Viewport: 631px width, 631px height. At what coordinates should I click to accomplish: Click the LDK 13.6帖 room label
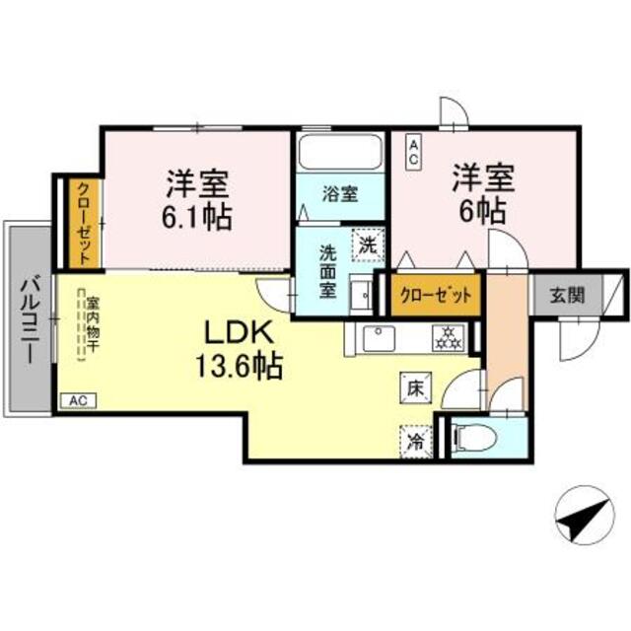[243, 349]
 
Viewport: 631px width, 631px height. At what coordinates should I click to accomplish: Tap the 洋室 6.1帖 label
[197, 199]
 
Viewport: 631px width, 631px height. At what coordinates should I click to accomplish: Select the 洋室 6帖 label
[480, 194]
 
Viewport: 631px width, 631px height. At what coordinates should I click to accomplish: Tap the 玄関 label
[566, 294]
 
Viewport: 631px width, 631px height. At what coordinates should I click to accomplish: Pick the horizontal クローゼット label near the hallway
[435, 294]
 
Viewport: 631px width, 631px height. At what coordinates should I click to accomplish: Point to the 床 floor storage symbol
[415, 388]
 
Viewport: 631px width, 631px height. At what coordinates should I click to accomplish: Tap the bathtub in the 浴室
[339, 153]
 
